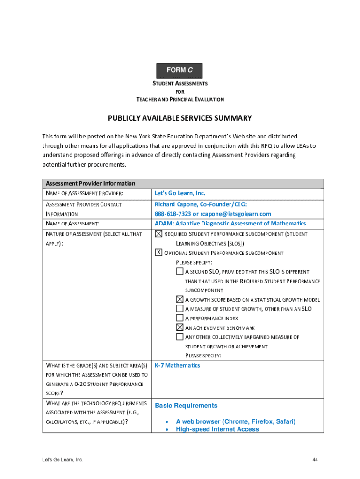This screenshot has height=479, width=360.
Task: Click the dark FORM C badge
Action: pyautogui.click(x=180, y=70)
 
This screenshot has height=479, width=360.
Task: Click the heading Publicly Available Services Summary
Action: pyautogui.click(x=180, y=118)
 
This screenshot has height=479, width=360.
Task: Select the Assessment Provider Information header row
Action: pyautogui.click(x=183, y=184)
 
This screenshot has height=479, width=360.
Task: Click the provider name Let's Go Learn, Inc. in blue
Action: pyautogui.click(x=180, y=193)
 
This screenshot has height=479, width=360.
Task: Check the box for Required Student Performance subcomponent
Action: pyautogui.click(x=158, y=234)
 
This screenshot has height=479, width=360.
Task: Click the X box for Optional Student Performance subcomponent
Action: pyautogui.click(x=158, y=253)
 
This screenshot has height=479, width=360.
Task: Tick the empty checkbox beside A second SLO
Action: pyautogui.click(x=180, y=271)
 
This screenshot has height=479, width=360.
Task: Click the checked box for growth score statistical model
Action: pyautogui.click(x=180, y=299)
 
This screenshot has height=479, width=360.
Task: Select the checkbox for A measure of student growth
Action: pyautogui.click(x=180, y=309)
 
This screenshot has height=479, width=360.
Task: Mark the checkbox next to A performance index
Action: pyautogui.click(x=180, y=318)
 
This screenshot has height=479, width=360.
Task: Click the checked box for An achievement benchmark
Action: pyautogui.click(x=180, y=327)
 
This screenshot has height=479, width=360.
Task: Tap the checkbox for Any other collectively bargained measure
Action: pyautogui.click(x=180, y=337)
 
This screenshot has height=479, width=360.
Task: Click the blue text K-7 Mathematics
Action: pyautogui.click(x=177, y=365)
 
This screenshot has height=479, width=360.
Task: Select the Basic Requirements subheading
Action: pyautogui.click(x=186, y=406)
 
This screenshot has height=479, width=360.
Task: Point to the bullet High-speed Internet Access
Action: pyautogui.click(x=217, y=429)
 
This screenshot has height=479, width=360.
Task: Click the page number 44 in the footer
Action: pyautogui.click(x=315, y=460)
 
